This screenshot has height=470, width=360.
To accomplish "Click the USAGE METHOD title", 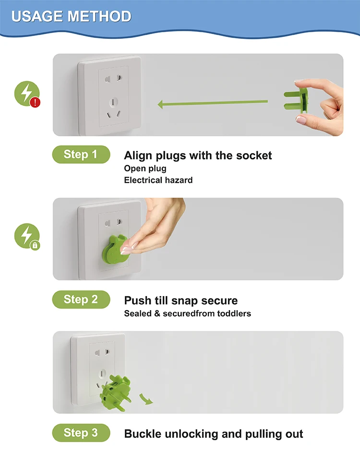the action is pos(72,16).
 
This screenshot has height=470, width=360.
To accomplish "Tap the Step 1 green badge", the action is pos(81,155).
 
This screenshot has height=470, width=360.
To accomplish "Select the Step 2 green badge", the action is pos(81,300).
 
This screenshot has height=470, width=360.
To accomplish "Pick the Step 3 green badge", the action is pos(81,433).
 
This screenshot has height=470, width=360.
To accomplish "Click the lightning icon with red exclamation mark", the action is pos(27,94).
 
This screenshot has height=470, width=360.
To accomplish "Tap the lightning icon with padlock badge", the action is pos(27,237).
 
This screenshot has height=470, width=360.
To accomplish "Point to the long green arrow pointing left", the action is pos(213,103).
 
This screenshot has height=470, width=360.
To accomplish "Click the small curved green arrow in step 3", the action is pos(145,399).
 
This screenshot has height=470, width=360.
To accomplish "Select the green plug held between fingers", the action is pos(296,100).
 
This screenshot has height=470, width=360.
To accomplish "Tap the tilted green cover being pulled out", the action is pos(115,393).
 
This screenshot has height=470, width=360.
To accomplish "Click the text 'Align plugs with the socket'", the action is pos(198,156).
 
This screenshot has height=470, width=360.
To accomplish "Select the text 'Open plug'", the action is pos(145,169).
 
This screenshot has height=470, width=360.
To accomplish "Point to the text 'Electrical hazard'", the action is pos(158,180).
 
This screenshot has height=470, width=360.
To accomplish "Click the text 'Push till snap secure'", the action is pos(181,301).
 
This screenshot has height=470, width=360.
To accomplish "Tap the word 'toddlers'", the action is pos(234,313).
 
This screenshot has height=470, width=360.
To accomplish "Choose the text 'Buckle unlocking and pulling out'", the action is pos(214,434).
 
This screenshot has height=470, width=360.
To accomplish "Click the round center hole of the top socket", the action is pos(113,102).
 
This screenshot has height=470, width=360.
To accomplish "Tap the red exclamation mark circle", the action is pos(35,103).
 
